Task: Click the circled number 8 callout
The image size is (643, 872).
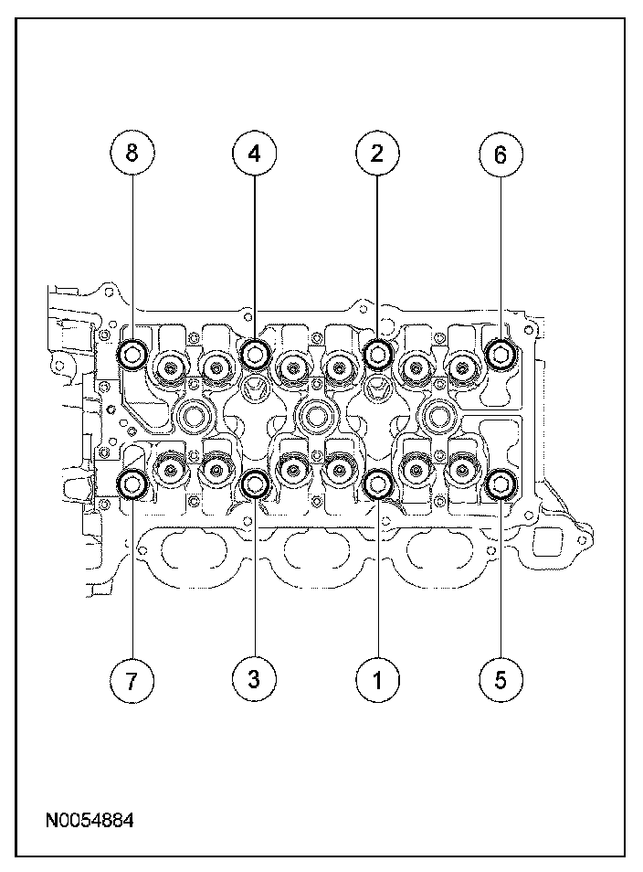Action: [x=133, y=154]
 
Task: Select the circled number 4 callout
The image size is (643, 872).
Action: [x=254, y=154]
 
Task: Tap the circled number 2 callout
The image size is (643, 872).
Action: [x=375, y=154]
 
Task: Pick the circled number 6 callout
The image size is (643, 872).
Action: [x=500, y=154]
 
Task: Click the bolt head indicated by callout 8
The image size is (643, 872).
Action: [x=133, y=352]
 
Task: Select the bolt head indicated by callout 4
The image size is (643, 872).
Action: [x=255, y=352]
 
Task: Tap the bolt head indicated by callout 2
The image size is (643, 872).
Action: [x=377, y=352]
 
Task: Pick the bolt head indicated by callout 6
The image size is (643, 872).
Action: [x=501, y=352]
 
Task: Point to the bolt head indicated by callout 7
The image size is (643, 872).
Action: [x=133, y=484]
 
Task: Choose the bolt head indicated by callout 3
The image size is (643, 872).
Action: [x=256, y=484]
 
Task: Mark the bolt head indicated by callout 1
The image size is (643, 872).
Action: [x=377, y=484]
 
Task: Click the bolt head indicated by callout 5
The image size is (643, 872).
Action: [x=501, y=484]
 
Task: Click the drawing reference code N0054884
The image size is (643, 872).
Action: [x=89, y=820]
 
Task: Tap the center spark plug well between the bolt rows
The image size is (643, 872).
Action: [x=316, y=417]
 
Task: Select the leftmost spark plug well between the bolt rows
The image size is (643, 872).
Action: [x=195, y=417]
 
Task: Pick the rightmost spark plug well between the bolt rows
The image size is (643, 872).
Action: [x=437, y=417]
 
